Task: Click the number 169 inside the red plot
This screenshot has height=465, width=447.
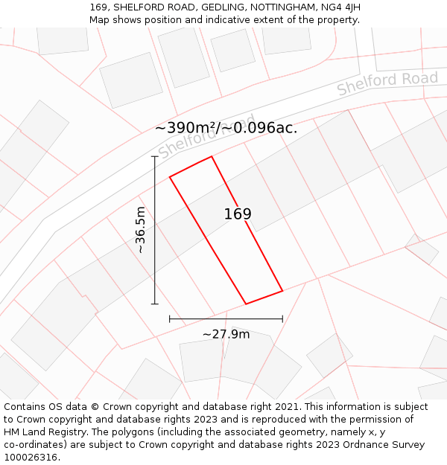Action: [x=238, y=214]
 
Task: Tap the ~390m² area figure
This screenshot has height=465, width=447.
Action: [x=187, y=128]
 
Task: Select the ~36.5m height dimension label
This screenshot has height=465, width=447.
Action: [x=141, y=230]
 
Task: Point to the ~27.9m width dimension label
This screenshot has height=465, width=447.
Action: [x=226, y=334]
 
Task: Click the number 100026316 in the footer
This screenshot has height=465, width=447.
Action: [x=32, y=458]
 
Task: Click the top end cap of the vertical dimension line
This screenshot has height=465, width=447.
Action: [x=155, y=156]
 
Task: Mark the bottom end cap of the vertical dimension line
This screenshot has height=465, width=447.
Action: [x=155, y=304]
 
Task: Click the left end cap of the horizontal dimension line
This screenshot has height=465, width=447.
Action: [x=170, y=319]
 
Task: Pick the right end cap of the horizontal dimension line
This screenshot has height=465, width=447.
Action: [x=282, y=319]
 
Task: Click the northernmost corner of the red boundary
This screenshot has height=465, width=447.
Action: [x=212, y=156]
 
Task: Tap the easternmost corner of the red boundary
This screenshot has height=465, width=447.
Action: [x=282, y=291]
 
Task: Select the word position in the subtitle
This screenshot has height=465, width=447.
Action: [x=162, y=20]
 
